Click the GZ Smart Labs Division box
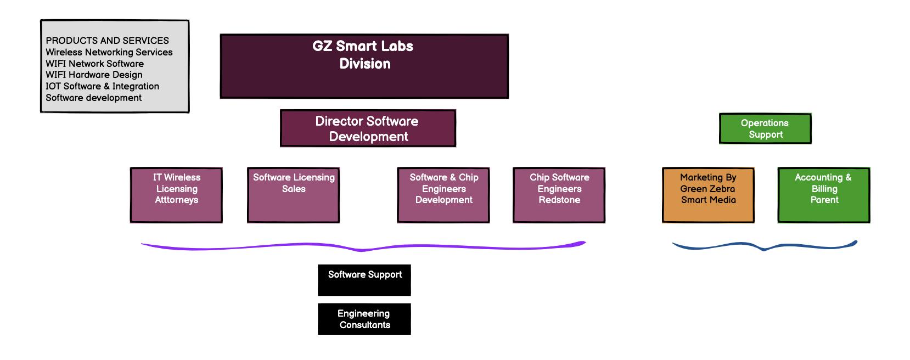364,66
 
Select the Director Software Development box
368,128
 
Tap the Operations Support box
765,129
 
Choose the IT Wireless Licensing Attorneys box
176,195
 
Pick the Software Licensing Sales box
293,195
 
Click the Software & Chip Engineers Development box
443,195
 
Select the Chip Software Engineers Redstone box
559,195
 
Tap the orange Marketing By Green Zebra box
708,195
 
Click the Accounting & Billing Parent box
824,195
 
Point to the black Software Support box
364,280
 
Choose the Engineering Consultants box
364,319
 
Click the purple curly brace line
362,249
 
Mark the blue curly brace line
764,248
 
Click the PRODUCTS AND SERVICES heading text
107,41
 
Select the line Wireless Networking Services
109,52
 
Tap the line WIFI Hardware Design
94,75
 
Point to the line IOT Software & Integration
102,86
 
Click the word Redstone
559,200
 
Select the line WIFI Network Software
94,64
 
